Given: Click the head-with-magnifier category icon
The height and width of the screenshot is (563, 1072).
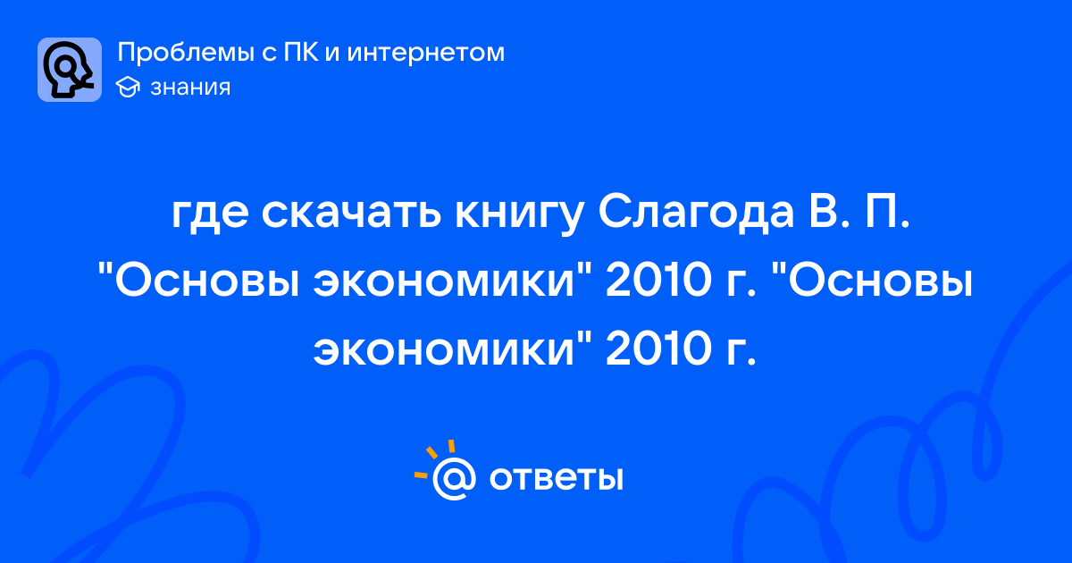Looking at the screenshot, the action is click(x=70, y=70).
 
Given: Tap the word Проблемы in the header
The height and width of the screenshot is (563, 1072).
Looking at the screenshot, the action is click(x=186, y=53).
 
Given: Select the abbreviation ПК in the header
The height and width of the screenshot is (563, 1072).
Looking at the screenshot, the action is click(x=300, y=52).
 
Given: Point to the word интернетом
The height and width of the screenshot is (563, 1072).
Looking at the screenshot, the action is click(x=426, y=53).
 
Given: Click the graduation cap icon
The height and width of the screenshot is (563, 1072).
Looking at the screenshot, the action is click(x=128, y=88).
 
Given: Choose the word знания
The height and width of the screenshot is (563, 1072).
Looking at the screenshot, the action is click(x=190, y=88).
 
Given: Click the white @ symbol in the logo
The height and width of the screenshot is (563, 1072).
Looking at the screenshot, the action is click(x=454, y=478).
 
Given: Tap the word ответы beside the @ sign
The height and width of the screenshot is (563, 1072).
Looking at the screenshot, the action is click(x=556, y=478).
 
